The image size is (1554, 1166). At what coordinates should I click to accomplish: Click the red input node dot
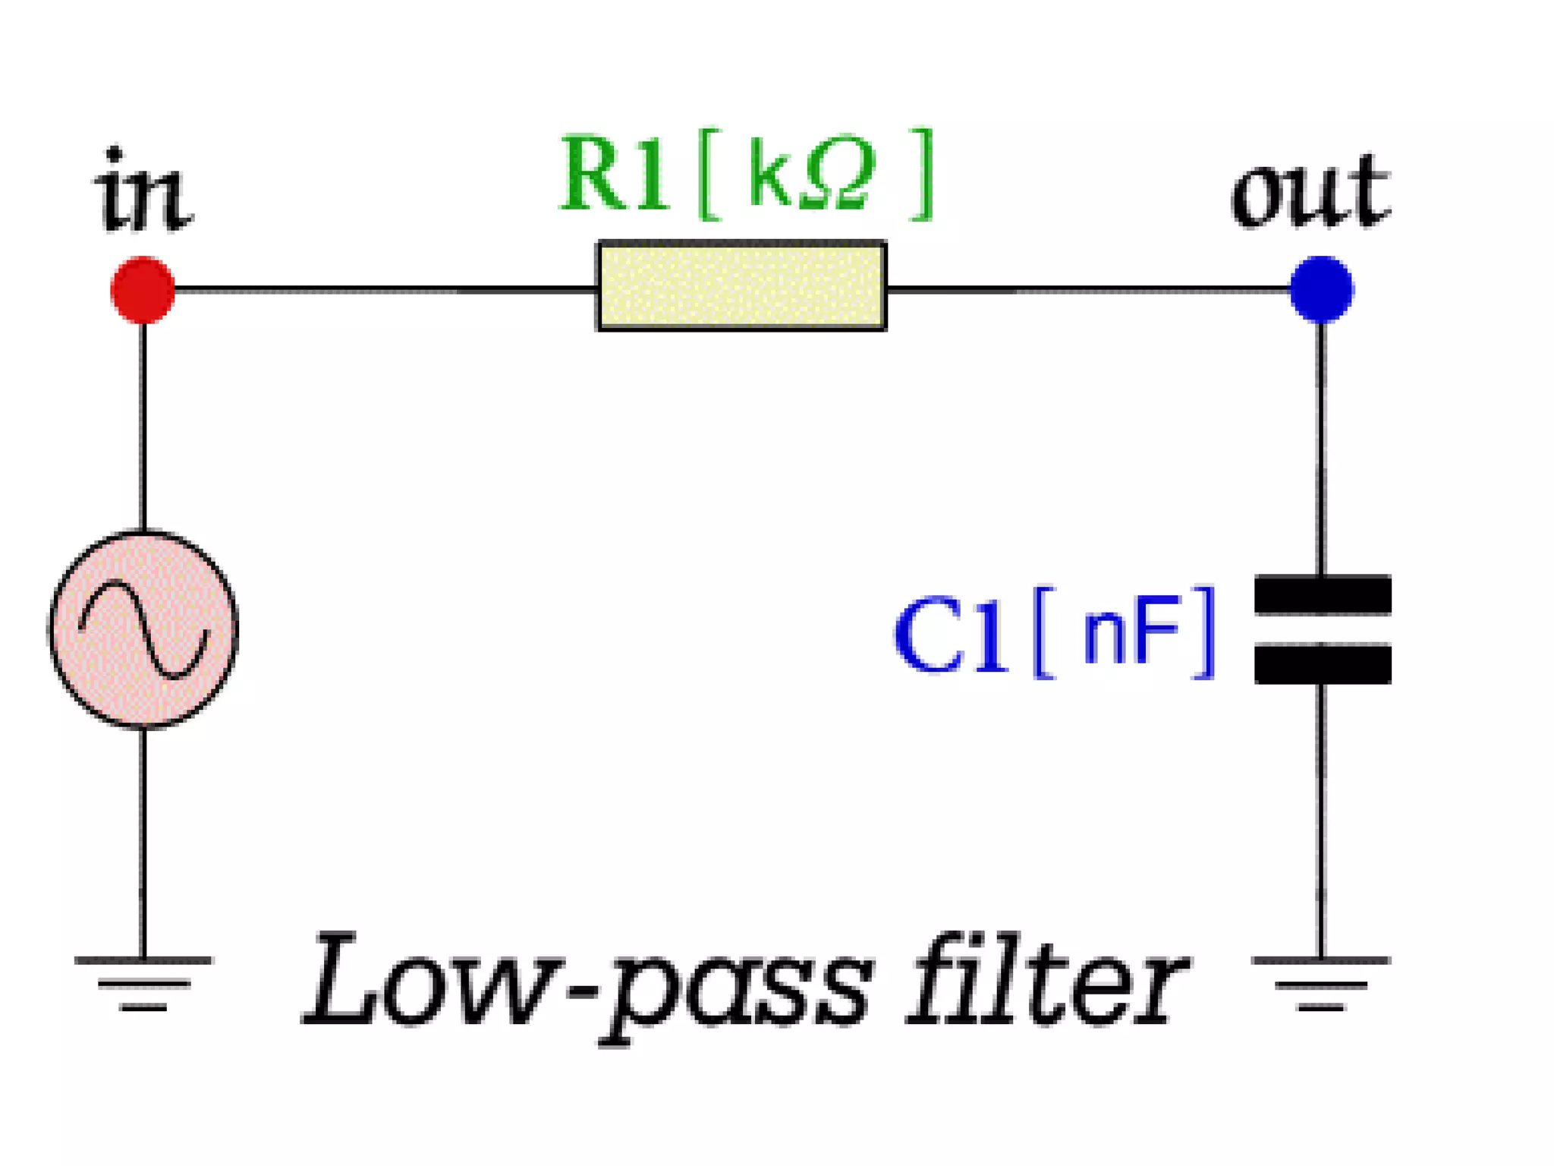coord(143,290)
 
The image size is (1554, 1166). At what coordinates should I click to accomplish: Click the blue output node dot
coord(1321,289)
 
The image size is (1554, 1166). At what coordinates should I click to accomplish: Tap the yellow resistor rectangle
coord(741,286)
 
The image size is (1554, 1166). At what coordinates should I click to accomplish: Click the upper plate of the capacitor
coord(1322,594)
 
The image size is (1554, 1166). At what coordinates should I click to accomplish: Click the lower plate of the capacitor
coord(1322,664)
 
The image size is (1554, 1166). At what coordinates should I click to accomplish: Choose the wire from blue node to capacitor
coord(1321,448)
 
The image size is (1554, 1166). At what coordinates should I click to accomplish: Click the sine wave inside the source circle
coord(143,629)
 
